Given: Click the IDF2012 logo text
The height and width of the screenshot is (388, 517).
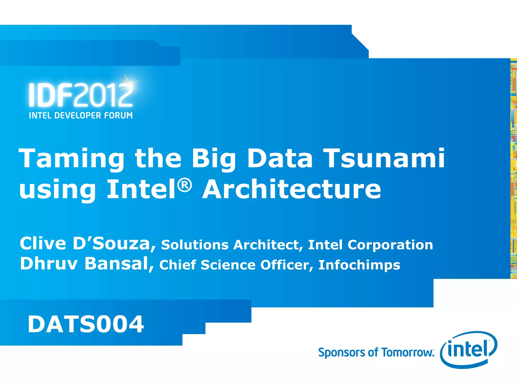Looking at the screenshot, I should coord(81,95).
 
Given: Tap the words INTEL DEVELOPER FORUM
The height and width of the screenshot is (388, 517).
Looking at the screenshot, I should coord(81,115).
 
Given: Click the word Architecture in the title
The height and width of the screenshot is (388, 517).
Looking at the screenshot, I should coord(292,189).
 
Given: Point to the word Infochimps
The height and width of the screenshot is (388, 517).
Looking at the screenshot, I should coord(359,265).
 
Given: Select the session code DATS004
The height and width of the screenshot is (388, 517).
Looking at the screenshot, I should coord(86,324).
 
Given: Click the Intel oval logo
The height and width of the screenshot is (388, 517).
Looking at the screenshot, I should coord(469,350).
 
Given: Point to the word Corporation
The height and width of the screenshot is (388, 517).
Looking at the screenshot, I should coord(390,245).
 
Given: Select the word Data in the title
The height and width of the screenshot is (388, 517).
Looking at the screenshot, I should coord(280,158).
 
